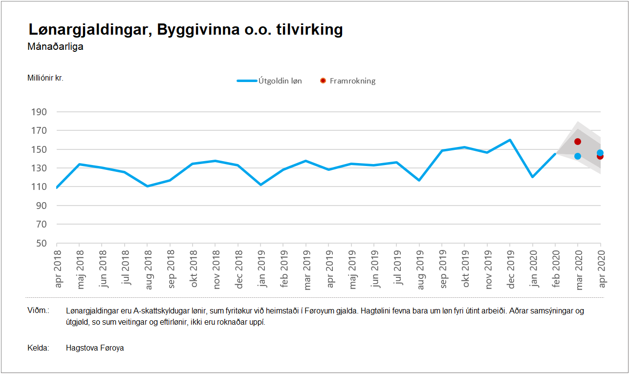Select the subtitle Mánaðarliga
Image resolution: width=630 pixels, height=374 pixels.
click(x=56, y=47)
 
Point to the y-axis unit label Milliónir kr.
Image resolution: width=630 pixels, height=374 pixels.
click(x=46, y=78)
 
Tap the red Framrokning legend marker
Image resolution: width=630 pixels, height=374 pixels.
click(x=323, y=81)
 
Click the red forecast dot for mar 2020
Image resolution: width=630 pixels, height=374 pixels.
click(x=578, y=142)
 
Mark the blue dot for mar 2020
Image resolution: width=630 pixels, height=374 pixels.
click(x=578, y=156)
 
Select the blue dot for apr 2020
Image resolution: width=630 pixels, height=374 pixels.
click(x=600, y=153)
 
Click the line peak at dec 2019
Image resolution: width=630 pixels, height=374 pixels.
click(x=510, y=140)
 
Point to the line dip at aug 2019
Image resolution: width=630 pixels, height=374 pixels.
click(x=419, y=180)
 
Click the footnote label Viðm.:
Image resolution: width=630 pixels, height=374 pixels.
click(x=39, y=311)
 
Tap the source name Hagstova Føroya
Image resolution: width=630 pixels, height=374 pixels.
click(x=95, y=348)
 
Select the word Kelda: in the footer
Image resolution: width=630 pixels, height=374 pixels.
click(x=39, y=348)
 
